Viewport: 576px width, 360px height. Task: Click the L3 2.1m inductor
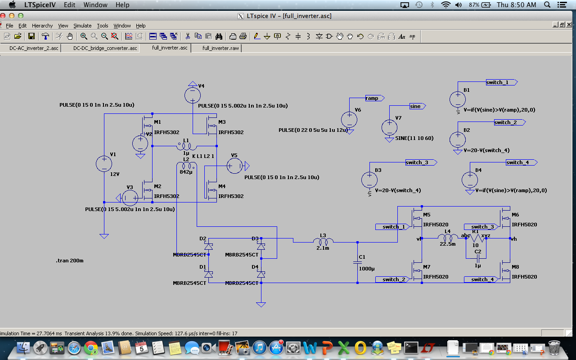[323, 242]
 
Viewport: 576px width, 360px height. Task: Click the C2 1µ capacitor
[478, 259]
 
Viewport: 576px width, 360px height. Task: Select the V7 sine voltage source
[390, 128]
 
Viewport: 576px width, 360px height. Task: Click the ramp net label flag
[373, 98]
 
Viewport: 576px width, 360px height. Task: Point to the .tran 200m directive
[70, 261]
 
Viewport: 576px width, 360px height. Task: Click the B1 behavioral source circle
[458, 99]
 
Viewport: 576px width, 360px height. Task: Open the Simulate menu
[82, 26]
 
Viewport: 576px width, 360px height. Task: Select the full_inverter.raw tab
[220, 48]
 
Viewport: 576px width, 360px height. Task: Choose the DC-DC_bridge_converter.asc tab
[105, 48]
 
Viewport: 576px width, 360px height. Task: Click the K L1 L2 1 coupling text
[203, 156]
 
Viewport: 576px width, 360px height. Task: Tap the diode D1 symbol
[208, 274]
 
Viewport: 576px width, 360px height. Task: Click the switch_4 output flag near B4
[520, 162]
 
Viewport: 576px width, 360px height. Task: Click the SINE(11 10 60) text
[414, 138]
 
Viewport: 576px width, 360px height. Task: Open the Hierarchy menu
[42, 26]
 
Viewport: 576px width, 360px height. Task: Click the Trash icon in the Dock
[554, 347]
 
